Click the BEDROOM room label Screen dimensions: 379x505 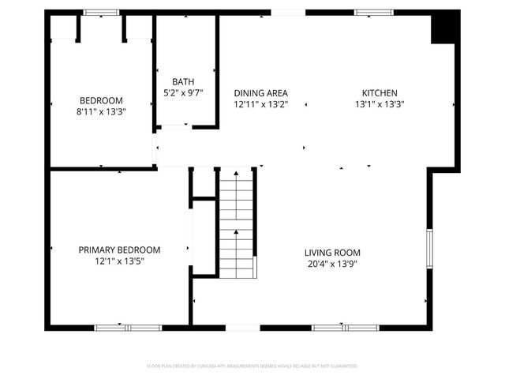[x=101, y=99]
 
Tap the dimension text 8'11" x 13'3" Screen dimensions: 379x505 [x=101, y=111]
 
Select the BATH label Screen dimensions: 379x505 [x=183, y=81]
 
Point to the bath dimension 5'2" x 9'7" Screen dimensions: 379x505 [x=183, y=92]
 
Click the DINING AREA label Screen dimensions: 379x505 [x=260, y=92]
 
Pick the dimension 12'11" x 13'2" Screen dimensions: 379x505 [x=260, y=103]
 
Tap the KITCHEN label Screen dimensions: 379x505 [x=380, y=92]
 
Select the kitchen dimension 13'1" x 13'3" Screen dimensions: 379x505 [x=380, y=103]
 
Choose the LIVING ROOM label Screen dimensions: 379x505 [x=332, y=253]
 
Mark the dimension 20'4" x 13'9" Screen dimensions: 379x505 [x=332, y=264]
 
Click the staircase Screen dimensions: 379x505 [x=237, y=224]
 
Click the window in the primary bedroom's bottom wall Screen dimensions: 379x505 [x=128, y=327]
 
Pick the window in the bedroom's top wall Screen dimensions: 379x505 [x=101, y=13]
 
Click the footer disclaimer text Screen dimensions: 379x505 [x=252, y=366]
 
